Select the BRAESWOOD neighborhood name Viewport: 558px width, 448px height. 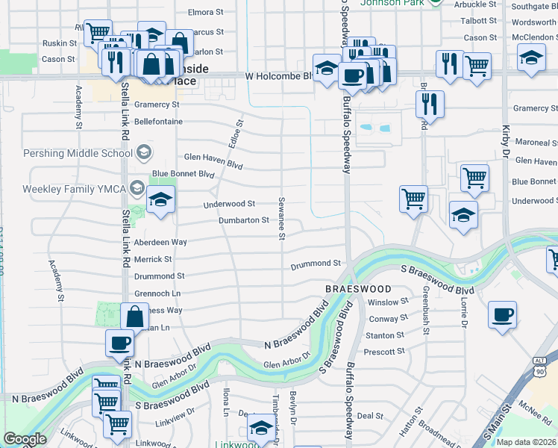click(358, 288)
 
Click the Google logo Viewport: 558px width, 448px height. click(25, 439)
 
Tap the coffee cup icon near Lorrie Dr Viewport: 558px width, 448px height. click(503, 314)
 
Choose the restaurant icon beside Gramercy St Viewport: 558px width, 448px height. click(430, 105)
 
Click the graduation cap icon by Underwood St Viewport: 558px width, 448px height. click(160, 201)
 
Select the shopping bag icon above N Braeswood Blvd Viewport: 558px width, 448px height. click(134, 317)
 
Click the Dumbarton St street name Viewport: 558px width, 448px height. click(243, 220)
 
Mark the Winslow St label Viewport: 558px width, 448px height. click(389, 302)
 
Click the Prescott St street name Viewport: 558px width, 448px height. click(384, 351)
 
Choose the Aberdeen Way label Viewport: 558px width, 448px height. click(160, 243)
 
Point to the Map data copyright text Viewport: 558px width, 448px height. click(525, 442)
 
